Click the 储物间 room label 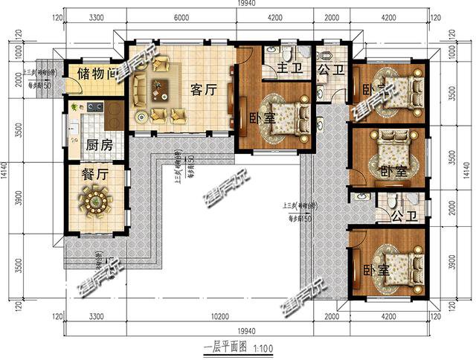click(94, 74)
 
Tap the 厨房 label click(99, 145)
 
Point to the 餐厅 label click(98, 176)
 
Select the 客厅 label click(203, 91)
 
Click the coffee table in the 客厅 click(160, 91)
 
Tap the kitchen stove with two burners click(94, 109)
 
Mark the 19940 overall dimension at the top click(248, 6)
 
